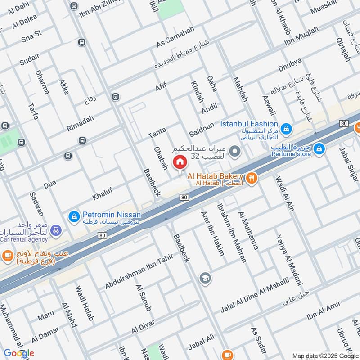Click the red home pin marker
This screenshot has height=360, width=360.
(179, 163)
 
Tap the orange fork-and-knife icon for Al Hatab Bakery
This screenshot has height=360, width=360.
(252, 178)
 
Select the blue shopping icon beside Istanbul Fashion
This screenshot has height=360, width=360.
(286, 130)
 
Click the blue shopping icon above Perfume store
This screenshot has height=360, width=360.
(319, 148)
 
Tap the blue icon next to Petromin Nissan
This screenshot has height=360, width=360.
(73, 217)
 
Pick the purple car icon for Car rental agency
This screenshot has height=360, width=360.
(56, 230)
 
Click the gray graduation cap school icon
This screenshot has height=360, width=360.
(205, 278)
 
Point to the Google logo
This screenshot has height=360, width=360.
(19, 353)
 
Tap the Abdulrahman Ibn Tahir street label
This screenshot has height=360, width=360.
(139, 271)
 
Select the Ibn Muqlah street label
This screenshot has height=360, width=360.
(301, 36)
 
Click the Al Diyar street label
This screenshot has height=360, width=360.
(143, 327)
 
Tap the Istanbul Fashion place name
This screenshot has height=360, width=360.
(249, 124)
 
